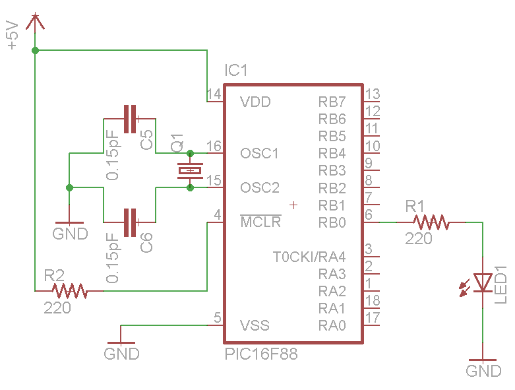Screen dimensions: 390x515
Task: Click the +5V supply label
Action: click(12, 36)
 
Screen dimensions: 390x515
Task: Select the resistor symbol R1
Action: click(431, 222)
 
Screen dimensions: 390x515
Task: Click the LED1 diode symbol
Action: click(483, 283)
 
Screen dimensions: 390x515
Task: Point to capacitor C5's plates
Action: click(131, 118)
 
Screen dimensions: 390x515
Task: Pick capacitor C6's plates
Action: click(131, 222)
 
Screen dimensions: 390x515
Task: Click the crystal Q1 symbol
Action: click(191, 171)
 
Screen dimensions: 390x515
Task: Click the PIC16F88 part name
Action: click(261, 354)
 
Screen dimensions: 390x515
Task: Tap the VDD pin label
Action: click(255, 102)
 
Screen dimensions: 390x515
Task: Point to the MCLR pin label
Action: click(260, 222)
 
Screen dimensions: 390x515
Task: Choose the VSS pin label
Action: click(255, 325)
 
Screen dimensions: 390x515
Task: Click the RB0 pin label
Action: click(332, 222)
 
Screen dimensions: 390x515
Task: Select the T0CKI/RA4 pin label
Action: click(309, 257)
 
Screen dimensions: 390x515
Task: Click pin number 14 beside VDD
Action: click(214, 94)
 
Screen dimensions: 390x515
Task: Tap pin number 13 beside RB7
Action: click(373, 94)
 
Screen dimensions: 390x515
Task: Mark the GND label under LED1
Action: click(483, 371)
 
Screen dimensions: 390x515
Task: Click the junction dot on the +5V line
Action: click(35, 50)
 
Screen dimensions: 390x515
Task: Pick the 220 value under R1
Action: click(419, 239)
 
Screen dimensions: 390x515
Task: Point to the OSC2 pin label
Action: click(259, 187)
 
